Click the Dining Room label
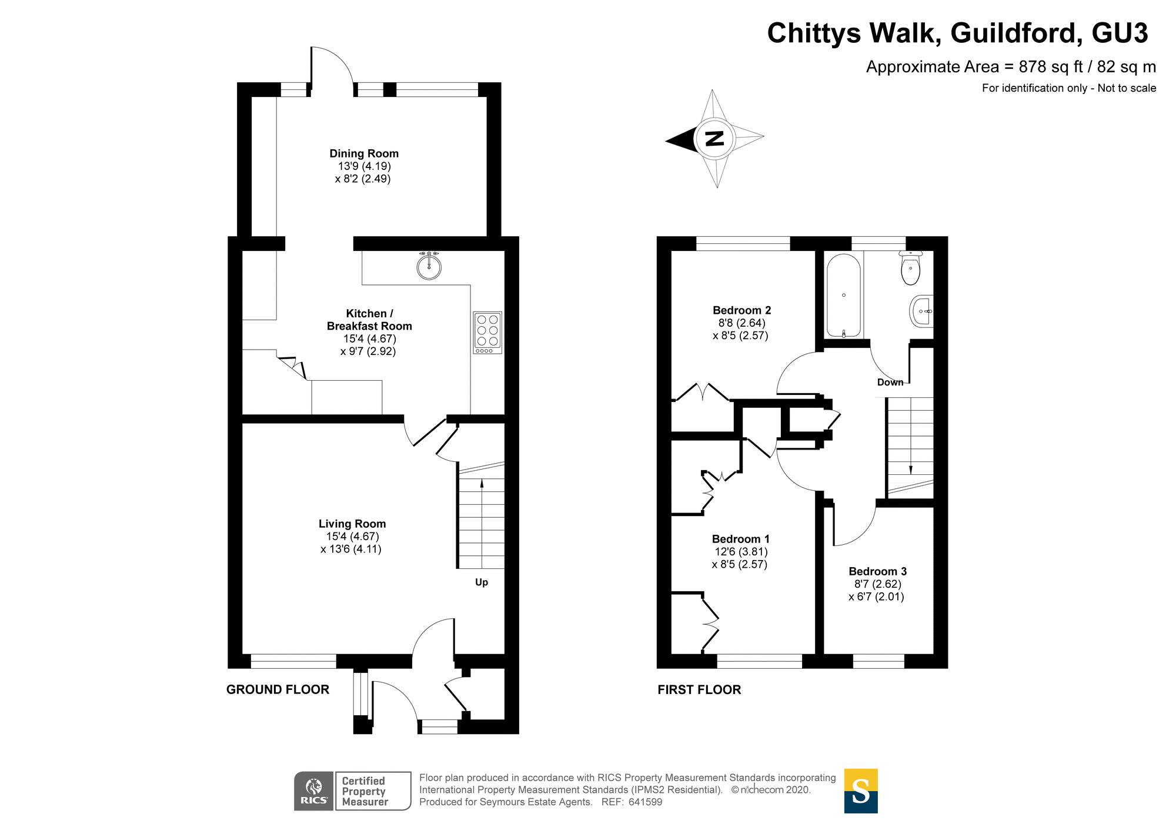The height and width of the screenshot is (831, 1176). (x=363, y=153)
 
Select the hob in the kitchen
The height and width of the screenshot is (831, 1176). (x=487, y=333)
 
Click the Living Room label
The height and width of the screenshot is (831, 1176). (x=352, y=524)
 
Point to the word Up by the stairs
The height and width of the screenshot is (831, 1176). (x=482, y=582)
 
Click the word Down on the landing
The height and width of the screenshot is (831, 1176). (x=890, y=382)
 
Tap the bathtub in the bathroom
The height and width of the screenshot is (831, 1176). (x=844, y=296)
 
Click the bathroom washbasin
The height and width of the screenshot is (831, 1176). (x=921, y=311)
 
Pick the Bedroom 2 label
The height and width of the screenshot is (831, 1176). (x=741, y=310)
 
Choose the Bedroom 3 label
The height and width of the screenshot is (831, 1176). (x=877, y=571)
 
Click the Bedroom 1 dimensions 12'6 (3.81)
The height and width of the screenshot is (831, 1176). (x=741, y=552)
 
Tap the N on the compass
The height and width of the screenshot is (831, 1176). (x=714, y=139)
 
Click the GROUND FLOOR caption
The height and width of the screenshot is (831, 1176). (x=278, y=689)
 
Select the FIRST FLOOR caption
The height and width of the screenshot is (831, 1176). (x=699, y=689)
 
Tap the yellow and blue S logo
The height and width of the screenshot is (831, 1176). (x=860, y=791)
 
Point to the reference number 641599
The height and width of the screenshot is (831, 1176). (x=645, y=802)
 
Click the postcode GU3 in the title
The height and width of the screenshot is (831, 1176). (x=1120, y=33)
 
